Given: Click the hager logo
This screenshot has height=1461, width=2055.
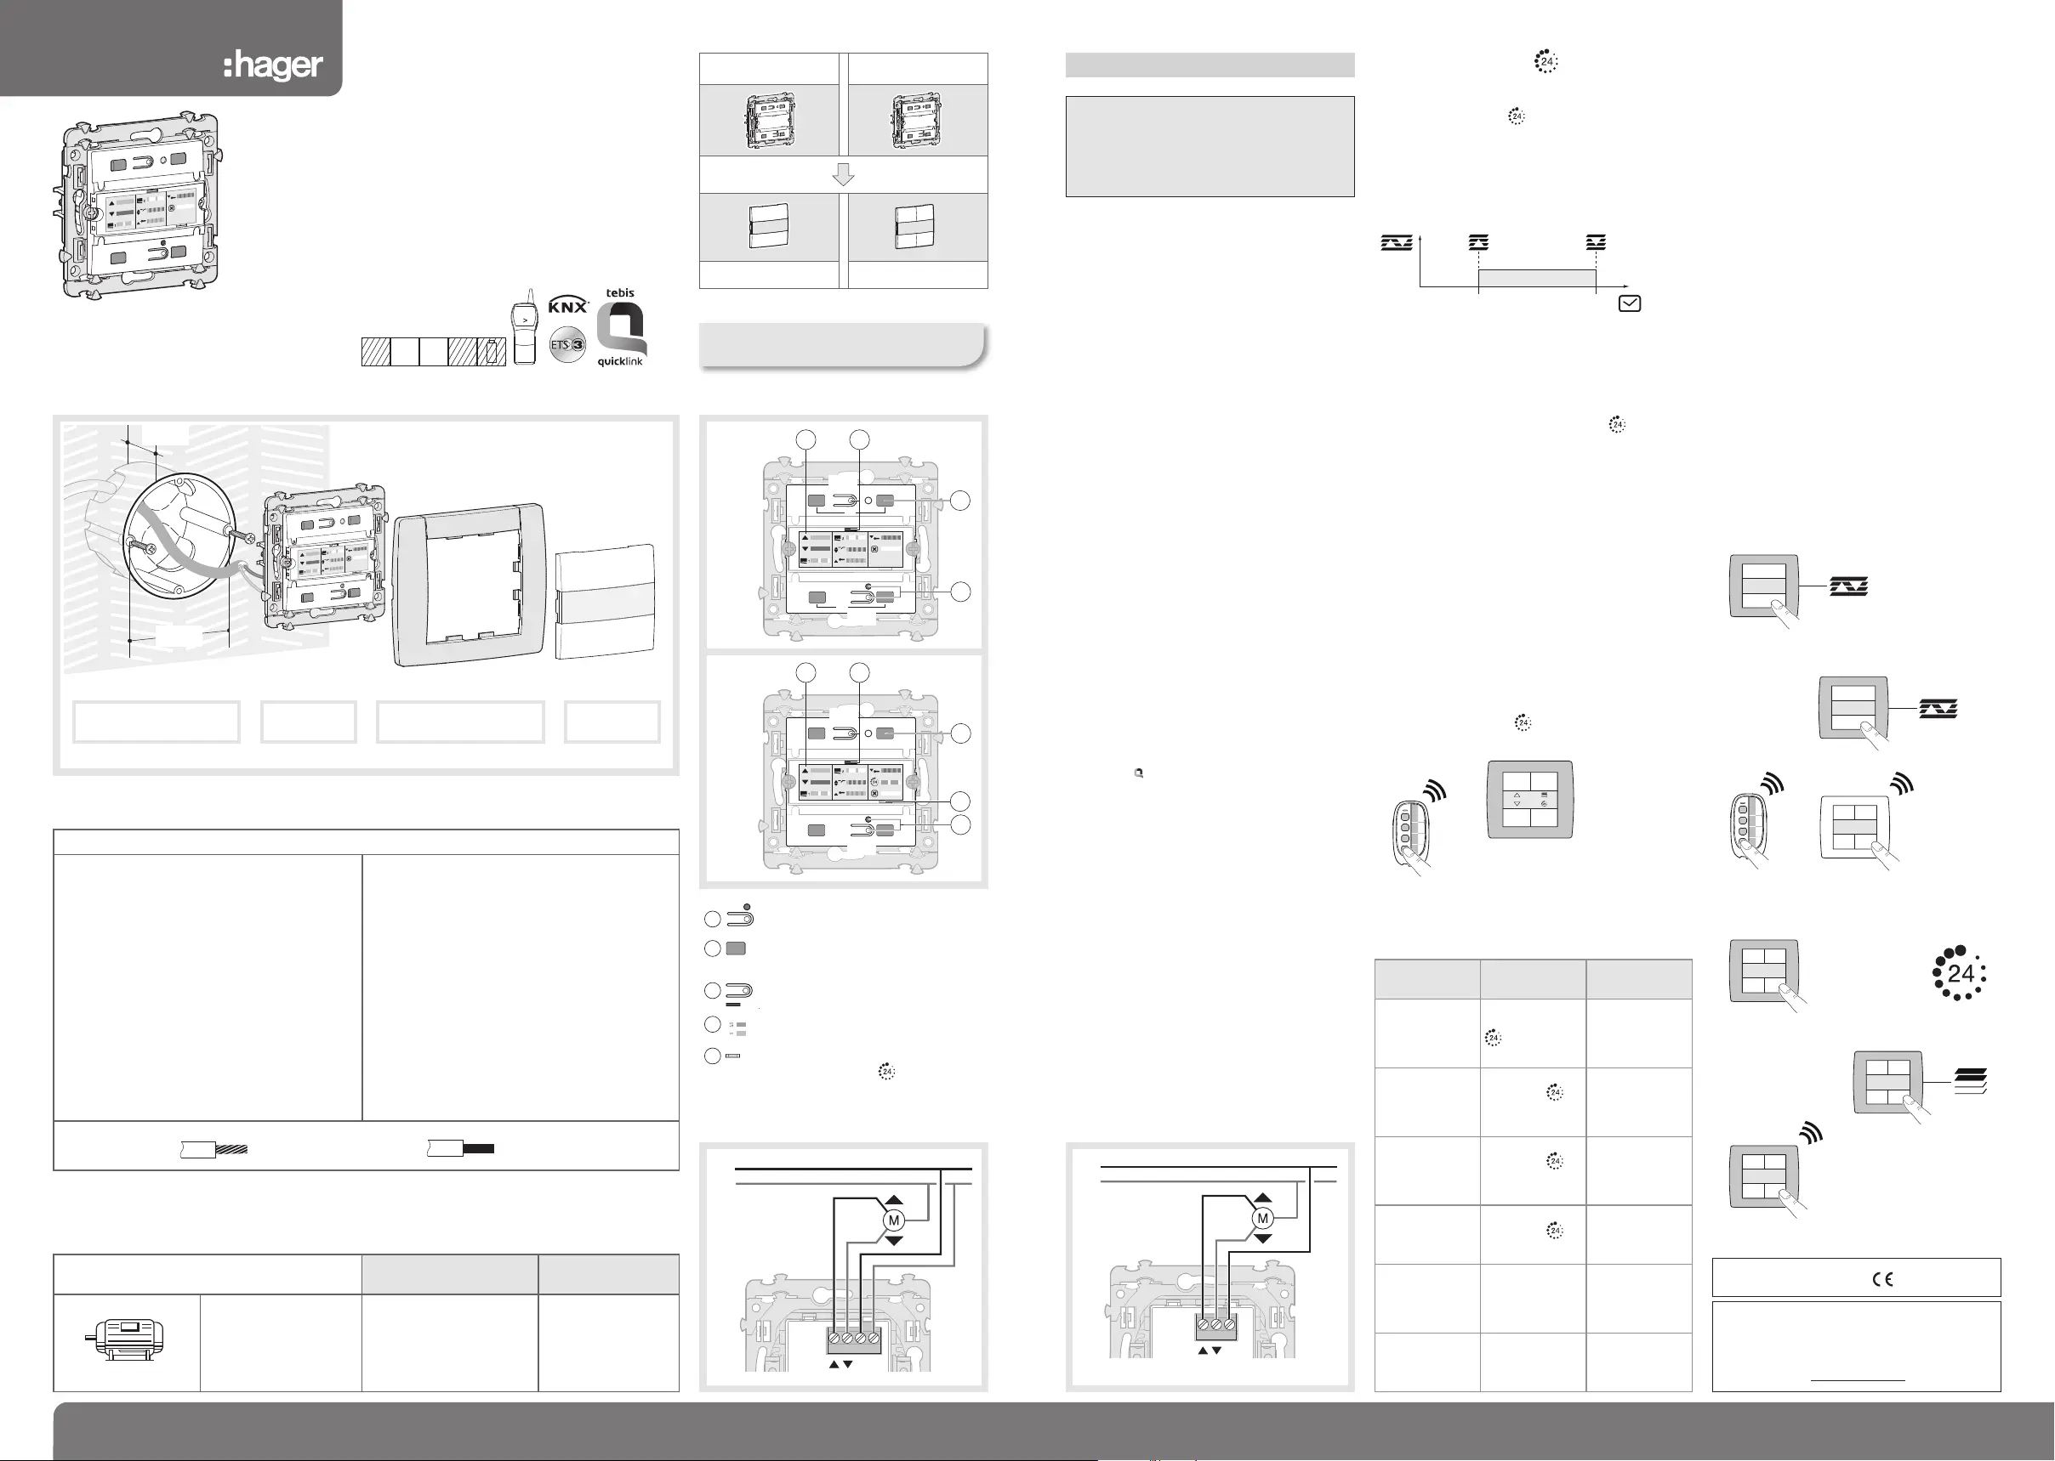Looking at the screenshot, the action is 273,65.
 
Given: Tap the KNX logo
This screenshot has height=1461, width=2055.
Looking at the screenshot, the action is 568,305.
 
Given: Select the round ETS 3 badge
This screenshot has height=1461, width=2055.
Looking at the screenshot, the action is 567,344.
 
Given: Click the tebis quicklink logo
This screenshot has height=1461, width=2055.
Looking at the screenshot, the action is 621,327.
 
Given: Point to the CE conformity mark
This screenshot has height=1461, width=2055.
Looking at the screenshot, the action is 1882,1278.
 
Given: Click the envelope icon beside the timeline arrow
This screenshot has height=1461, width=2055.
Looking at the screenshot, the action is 1629,304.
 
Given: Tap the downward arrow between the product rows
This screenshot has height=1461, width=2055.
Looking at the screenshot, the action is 844,174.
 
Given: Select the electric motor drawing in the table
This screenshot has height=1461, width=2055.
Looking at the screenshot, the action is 126,1339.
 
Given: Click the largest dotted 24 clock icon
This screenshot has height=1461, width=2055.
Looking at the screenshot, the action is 1960,973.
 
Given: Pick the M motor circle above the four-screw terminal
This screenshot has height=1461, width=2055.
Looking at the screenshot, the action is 894,1220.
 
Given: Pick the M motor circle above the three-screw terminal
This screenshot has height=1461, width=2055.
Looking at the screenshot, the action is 1263,1218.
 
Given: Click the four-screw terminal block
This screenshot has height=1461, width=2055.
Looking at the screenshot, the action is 854,1339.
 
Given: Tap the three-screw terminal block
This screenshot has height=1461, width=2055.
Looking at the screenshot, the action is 1217,1325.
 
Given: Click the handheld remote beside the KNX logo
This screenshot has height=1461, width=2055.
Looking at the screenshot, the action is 525,326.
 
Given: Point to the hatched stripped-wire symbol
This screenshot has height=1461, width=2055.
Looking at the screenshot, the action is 213,1149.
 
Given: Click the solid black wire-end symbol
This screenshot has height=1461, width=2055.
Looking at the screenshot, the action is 460,1148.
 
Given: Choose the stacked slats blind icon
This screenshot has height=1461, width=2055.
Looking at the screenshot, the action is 1971,1080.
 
